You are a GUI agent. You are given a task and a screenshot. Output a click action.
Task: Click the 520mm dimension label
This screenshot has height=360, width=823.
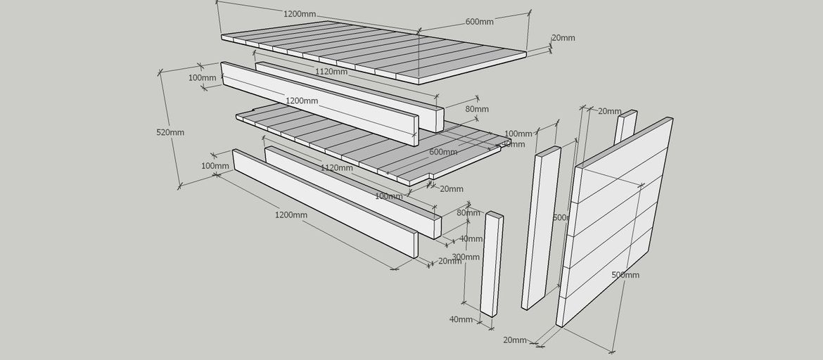pyautogui.click(x=170, y=132)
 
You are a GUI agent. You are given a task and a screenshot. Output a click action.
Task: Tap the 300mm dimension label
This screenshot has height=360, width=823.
pyautogui.click(x=466, y=257)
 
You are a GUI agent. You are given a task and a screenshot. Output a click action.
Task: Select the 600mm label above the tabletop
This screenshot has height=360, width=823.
pyautogui.click(x=479, y=22)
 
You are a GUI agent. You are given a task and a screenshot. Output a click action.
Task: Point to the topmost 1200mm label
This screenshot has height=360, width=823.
pyautogui.click(x=299, y=14)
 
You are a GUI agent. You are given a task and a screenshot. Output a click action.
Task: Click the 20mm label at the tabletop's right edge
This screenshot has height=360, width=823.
pyautogui.click(x=563, y=38)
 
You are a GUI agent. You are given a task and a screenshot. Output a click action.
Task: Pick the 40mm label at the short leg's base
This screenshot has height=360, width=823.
pyautogui.click(x=461, y=319)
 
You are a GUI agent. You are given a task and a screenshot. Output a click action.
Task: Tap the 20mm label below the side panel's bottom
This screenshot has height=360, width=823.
pyautogui.click(x=515, y=340)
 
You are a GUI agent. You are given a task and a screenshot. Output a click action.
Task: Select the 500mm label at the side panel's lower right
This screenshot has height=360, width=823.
pyautogui.click(x=625, y=275)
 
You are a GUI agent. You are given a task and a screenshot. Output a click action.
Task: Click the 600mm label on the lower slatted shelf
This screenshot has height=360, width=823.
pyautogui.click(x=443, y=152)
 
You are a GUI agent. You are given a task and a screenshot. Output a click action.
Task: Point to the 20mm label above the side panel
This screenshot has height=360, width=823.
pyautogui.click(x=609, y=111)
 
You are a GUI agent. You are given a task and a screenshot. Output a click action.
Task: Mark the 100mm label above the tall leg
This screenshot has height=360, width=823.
pyautogui.click(x=518, y=134)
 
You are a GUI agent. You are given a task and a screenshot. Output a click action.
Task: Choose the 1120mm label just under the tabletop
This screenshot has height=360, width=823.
pyautogui.click(x=331, y=71)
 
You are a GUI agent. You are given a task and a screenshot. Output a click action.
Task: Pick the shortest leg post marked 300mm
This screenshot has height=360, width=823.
pyautogui.click(x=492, y=264)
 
